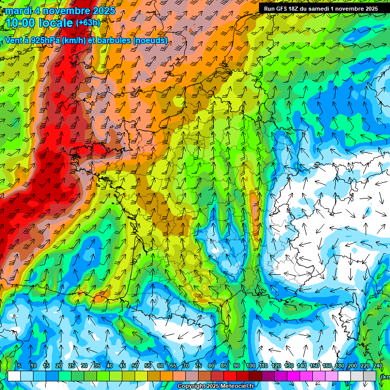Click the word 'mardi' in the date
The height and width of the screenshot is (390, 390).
(x=19, y=11)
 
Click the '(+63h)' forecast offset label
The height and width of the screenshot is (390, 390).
(x=88, y=23)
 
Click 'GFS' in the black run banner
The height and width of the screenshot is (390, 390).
(x=284, y=9)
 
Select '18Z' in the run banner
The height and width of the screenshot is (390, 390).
(x=299, y=9)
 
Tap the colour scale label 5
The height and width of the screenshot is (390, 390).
(x=19, y=366)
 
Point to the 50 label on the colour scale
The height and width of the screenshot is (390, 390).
(x=135, y=366)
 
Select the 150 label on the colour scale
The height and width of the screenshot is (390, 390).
(x=315, y=366)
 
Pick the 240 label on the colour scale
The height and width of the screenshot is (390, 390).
(x=378, y=366)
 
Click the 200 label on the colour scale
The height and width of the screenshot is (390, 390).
(x=353, y=366)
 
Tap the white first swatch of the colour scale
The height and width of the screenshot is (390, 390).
(x=14, y=376)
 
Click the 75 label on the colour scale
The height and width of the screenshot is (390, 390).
(x=198, y=366)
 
